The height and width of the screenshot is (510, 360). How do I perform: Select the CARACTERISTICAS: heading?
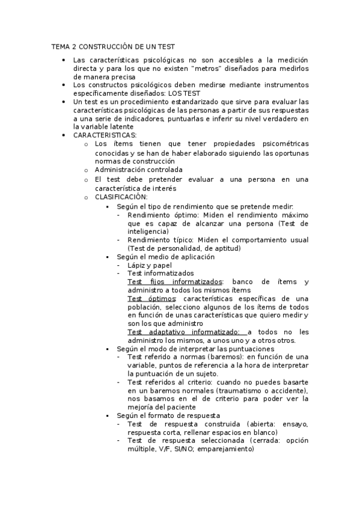pos(105,136)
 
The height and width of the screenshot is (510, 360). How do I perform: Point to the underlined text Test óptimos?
pos(151,298)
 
